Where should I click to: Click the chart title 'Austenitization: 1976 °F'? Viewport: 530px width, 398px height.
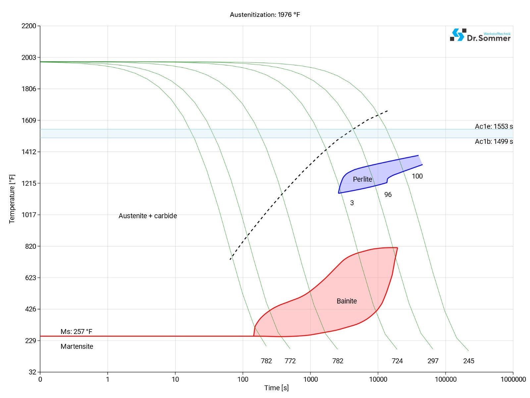coord(265,15)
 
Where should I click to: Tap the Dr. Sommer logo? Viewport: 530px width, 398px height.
coord(480,35)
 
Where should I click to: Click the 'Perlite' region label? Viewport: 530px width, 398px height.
coord(362,179)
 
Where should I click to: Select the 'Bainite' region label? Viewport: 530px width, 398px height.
coord(346,301)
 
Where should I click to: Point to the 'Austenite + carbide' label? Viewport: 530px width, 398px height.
coord(148,216)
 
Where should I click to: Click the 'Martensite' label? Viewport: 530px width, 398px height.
coord(77,347)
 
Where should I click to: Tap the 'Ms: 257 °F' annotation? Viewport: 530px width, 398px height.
coord(76,332)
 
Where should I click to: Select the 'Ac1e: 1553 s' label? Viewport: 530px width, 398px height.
coord(494,126)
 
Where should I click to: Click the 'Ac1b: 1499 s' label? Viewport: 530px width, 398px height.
coord(494,142)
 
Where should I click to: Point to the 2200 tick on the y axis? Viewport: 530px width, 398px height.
coord(29,26)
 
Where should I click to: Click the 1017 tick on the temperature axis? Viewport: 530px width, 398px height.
coord(29,215)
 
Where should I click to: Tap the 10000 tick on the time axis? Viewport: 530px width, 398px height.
coord(378,379)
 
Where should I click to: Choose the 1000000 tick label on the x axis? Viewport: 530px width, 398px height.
coord(513,379)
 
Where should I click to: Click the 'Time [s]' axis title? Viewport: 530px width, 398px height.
coord(276,388)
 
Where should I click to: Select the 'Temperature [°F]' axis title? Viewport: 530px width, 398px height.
coord(12,199)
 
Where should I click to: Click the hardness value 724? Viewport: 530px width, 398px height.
coord(397,361)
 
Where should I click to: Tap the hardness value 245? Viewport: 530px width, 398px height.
coord(468,361)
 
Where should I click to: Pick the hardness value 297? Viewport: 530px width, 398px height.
coord(433,361)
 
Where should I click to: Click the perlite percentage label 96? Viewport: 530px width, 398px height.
coord(388,195)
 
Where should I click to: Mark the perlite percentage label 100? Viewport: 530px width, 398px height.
coord(417,176)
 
